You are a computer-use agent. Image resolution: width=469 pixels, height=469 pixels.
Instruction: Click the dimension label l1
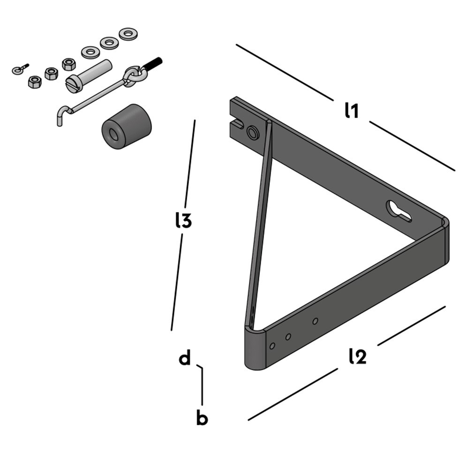[351, 111]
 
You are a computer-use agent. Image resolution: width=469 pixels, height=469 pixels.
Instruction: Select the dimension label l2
[357, 357]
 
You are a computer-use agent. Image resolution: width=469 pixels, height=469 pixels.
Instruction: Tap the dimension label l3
[183, 220]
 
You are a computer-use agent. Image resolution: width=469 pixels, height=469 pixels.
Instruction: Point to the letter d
[185, 359]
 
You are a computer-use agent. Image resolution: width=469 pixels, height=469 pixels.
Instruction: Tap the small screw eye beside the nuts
[18, 70]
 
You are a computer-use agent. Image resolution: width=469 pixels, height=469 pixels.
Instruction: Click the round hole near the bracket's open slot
[253, 133]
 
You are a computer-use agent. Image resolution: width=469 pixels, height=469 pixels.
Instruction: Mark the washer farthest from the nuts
[127, 34]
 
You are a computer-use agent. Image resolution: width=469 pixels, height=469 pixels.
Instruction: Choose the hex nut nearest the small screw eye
[35, 82]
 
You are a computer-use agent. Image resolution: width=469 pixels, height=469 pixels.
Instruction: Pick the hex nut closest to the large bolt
[69, 64]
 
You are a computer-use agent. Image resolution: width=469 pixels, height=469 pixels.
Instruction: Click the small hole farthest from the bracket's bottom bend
[316, 321]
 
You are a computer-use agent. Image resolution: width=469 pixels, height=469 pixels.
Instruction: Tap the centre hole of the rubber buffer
[113, 134]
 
